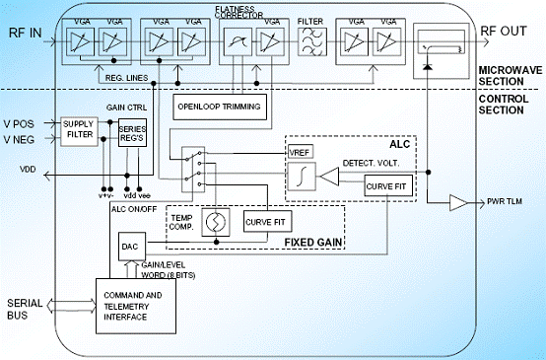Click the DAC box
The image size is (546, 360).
[x=132, y=247]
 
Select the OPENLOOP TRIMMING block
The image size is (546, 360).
[x=220, y=107]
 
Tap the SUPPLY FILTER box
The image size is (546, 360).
[x=80, y=131]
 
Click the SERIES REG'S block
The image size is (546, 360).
[x=132, y=133]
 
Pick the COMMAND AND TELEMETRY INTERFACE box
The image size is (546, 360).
[x=136, y=306]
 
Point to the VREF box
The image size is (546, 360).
[x=301, y=152]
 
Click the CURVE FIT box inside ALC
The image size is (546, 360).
[x=388, y=185]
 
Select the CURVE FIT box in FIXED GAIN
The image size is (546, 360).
[x=267, y=222]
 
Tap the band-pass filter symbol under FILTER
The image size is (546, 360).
[x=312, y=41]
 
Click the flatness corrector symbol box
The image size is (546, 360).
[x=238, y=41]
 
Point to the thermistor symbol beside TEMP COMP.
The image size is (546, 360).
[x=216, y=222]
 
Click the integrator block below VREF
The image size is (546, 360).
[x=302, y=177]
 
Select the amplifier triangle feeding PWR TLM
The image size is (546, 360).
[x=458, y=203]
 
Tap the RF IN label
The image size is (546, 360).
[x=25, y=33]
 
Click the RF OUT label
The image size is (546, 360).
[x=504, y=31]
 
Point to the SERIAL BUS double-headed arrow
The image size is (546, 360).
[x=71, y=306]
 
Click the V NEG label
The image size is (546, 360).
[x=19, y=140]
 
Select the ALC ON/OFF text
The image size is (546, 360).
[x=134, y=209]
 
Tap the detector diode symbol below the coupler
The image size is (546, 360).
[x=428, y=66]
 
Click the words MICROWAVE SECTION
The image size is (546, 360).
[x=511, y=76]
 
